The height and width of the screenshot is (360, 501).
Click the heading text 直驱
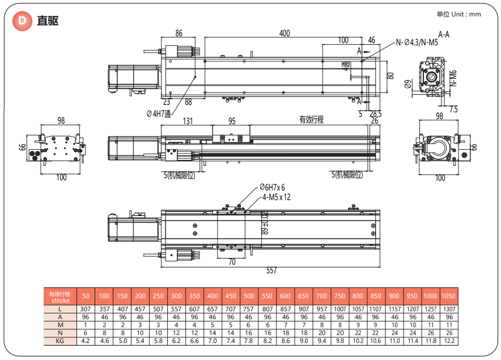pos(47,21)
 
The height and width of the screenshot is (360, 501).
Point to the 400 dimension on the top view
pos(285,33)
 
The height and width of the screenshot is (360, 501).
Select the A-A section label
pos(444,34)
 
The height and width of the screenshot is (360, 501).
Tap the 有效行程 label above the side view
pos(311,120)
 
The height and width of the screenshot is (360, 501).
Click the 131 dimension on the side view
pos(188,121)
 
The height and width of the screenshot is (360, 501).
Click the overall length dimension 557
pos(271,270)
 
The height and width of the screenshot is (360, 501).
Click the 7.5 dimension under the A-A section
pos(453,109)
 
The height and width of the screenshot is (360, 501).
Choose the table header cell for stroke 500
pos(249,297)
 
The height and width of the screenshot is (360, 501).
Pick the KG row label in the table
pos(60,341)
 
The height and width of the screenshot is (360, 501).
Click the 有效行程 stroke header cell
pos(60,297)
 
